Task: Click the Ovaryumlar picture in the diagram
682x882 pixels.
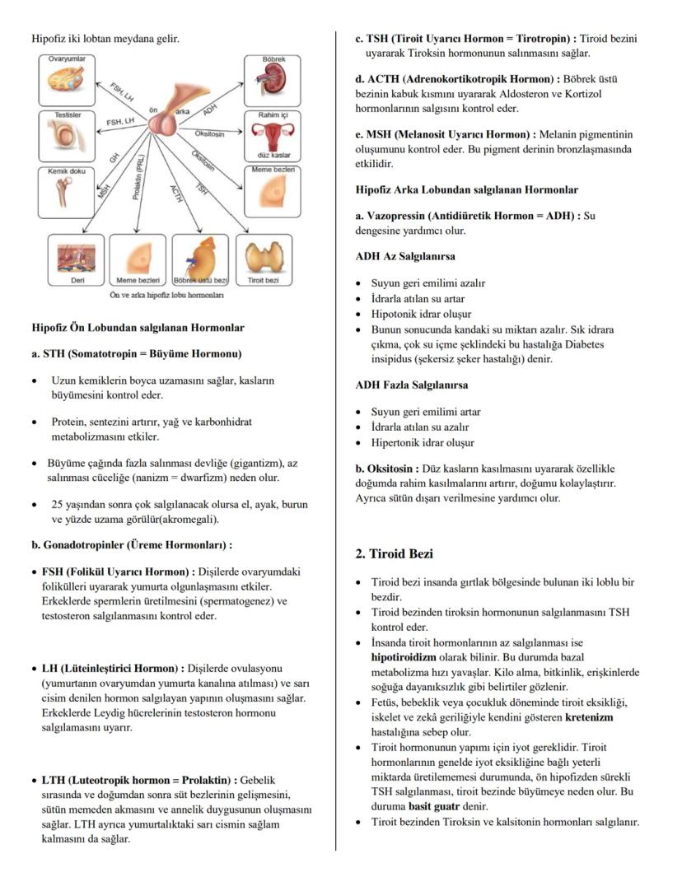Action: point(68,82)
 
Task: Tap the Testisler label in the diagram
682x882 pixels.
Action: point(68,115)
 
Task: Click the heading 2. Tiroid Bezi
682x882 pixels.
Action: point(394,554)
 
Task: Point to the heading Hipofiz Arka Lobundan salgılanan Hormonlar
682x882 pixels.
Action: point(466,189)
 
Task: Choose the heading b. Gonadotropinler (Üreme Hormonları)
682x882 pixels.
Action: point(132,545)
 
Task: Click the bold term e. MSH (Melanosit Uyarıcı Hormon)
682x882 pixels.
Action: point(442,133)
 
